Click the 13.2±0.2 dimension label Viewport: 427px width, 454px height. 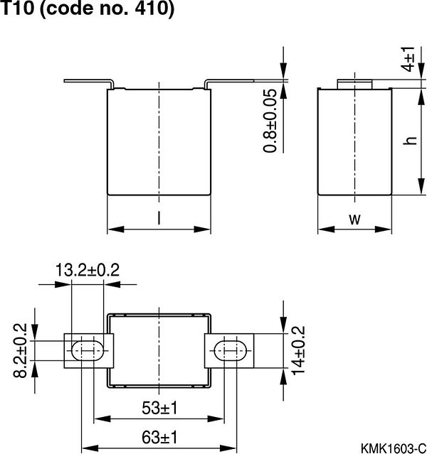click(x=88, y=270)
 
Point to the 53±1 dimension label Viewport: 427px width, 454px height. click(x=158, y=408)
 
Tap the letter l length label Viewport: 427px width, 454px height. click(x=158, y=220)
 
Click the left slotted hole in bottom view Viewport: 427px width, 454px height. click(x=88, y=350)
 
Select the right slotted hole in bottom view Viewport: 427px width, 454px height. click(x=229, y=350)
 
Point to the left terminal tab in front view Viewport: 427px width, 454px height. click(x=89, y=81)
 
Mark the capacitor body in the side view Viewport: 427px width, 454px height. click(x=354, y=142)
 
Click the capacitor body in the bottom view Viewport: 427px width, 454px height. click(x=159, y=350)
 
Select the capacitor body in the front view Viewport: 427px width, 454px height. click(x=159, y=142)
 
